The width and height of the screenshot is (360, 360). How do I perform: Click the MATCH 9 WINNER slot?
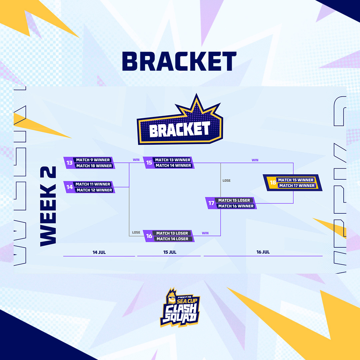pos(93,160)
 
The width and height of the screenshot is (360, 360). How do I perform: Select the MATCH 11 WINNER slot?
pos(93,184)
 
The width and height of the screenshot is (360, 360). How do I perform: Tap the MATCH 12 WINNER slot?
pos(94,190)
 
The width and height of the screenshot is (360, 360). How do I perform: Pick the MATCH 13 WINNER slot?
pos(172,160)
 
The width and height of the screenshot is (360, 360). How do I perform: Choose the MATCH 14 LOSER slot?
pos(172,239)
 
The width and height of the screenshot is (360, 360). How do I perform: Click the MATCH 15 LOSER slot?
pos(234,200)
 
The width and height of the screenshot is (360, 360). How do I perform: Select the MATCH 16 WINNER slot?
pos(236,206)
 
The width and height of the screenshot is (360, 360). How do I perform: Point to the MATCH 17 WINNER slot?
pos(297,186)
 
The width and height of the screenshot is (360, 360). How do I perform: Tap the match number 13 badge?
pos(69,163)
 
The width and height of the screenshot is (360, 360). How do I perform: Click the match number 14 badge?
pos(69,187)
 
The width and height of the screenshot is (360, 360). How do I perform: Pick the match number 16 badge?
pos(149,236)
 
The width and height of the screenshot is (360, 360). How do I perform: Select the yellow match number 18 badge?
pos(273,183)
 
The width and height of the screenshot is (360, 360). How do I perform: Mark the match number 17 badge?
pos(211,203)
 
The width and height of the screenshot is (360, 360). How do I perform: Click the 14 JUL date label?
pos(99,252)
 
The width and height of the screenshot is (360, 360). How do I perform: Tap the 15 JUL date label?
pos(170,252)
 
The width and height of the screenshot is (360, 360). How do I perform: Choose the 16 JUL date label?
pos(263,252)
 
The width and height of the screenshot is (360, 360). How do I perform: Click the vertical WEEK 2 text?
pos(48,206)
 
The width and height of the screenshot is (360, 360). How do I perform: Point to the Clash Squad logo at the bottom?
pos(180,307)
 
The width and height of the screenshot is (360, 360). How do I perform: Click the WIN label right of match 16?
pos(205,233)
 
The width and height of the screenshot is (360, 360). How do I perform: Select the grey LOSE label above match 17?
pos(226,181)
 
